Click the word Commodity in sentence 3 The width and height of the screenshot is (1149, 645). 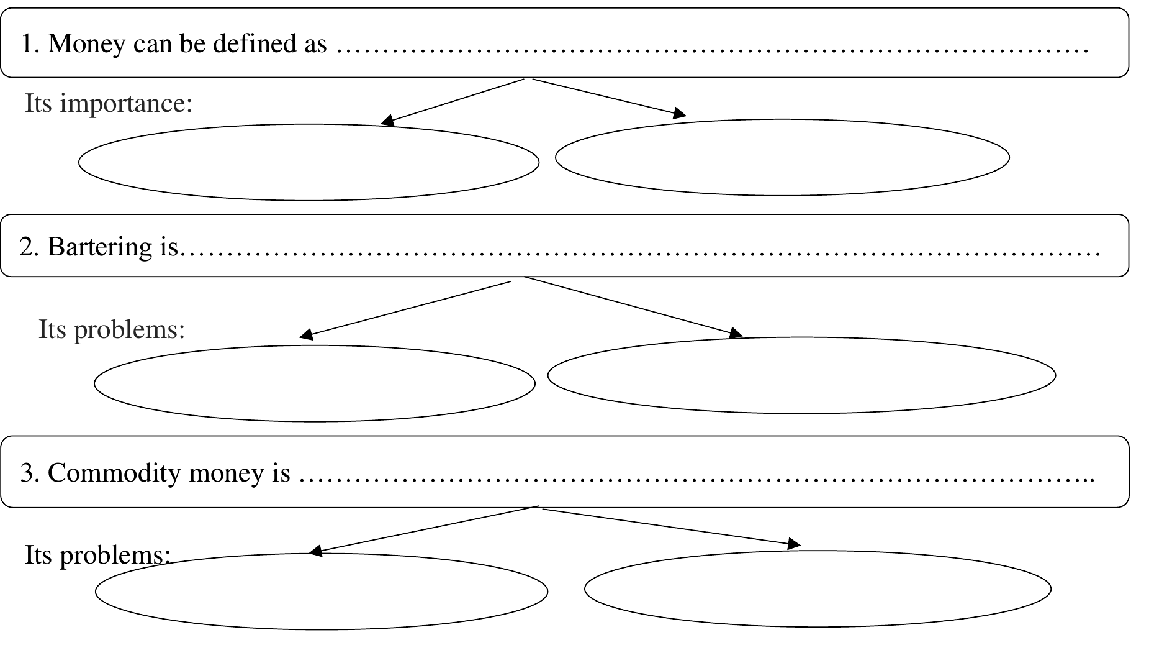coord(114,473)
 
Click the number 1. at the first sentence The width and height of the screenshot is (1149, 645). coord(30,43)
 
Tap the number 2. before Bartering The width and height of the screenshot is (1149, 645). coord(29,247)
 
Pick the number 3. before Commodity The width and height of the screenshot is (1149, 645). coord(30,473)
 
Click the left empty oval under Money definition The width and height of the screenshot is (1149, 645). coord(309,200)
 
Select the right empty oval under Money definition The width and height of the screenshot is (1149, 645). coord(782,195)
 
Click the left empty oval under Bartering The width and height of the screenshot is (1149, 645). coord(314,421)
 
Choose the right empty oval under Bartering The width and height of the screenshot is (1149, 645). coord(801,413)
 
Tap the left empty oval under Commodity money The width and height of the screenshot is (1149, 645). coord(321,629)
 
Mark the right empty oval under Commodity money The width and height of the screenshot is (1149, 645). coord(818,626)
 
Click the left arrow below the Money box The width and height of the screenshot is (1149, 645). coord(453,102)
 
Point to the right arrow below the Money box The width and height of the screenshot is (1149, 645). coord(610,98)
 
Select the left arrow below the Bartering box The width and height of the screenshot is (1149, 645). coord(405,310)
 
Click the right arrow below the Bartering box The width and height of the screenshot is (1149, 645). coord(633,306)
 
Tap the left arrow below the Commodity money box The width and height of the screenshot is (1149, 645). coord(423,529)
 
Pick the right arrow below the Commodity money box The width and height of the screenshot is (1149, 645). coord(672,528)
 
